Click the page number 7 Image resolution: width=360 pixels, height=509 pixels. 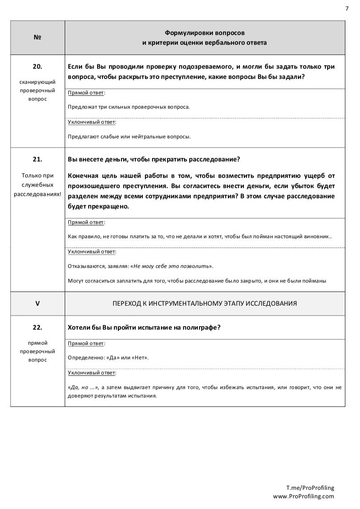click(x=347, y=8)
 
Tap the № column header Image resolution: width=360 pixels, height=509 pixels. click(x=37, y=38)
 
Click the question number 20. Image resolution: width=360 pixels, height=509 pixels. click(x=37, y=67)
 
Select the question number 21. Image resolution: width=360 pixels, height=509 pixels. click(x=37, y=159)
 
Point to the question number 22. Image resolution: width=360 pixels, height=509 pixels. click(x=37, y=327)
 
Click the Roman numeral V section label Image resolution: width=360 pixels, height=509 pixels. click(x=37, y=304)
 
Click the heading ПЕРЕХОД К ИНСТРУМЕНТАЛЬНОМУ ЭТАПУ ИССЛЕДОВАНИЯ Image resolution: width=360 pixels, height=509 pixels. click(x=204, y=304)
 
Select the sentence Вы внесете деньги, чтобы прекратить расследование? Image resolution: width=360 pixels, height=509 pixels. click(x=154, y=159)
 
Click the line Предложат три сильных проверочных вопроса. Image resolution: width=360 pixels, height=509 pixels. click(x=129, y=107)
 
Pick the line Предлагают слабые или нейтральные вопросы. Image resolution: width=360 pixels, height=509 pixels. click(x=129, y=136)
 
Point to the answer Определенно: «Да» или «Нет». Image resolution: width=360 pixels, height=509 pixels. click(x=108, y=357)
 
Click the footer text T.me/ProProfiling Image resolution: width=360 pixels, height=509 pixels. click(x=310, y=488)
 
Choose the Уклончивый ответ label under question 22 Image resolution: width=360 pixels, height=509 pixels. click(x=92, y=372)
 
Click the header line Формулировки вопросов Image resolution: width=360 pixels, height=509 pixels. click(x=204, y=33)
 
